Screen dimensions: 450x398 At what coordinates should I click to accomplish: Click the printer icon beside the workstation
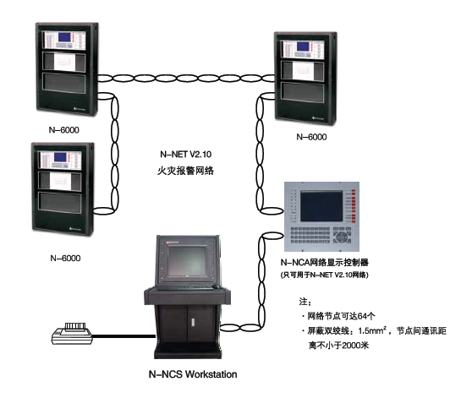click(x=72, y=334)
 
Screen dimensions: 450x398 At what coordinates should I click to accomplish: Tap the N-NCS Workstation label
click(x=193, y=374)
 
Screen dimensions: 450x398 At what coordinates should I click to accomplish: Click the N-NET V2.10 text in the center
click(x=186, y=155)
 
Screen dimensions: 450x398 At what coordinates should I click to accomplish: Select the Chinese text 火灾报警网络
click(x=186, y=171)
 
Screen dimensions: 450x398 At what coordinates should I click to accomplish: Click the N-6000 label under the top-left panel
click(x=64, y=130)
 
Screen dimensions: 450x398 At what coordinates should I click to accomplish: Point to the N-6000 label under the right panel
click(x=311, y=137)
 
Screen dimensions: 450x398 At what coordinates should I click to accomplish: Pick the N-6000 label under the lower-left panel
click(x=65, y=258)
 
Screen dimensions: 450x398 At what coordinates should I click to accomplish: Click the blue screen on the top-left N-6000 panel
click(x=64, y=37)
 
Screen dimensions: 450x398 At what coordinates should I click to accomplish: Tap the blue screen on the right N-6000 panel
click(x=303, y=46)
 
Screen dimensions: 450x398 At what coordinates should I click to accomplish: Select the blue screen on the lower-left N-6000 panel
click(x=60, y=156)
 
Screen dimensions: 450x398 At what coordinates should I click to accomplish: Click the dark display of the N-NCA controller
click(x=321, y=205)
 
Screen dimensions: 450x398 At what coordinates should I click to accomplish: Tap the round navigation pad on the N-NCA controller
click(x=342, y=237)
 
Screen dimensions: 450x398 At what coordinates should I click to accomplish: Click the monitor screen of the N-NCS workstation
click(x=188, y=261)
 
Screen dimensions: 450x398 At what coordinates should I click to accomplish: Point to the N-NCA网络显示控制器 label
click(x=325, y=262)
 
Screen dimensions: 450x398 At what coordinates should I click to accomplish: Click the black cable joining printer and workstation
click(x=124, y=336)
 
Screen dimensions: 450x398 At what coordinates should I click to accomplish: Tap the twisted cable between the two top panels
click(x=186, y=79)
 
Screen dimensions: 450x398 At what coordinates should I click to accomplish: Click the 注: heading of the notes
click(x=305, y=302)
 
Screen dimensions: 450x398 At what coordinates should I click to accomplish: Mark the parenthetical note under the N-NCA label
click(x=325, y=275)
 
